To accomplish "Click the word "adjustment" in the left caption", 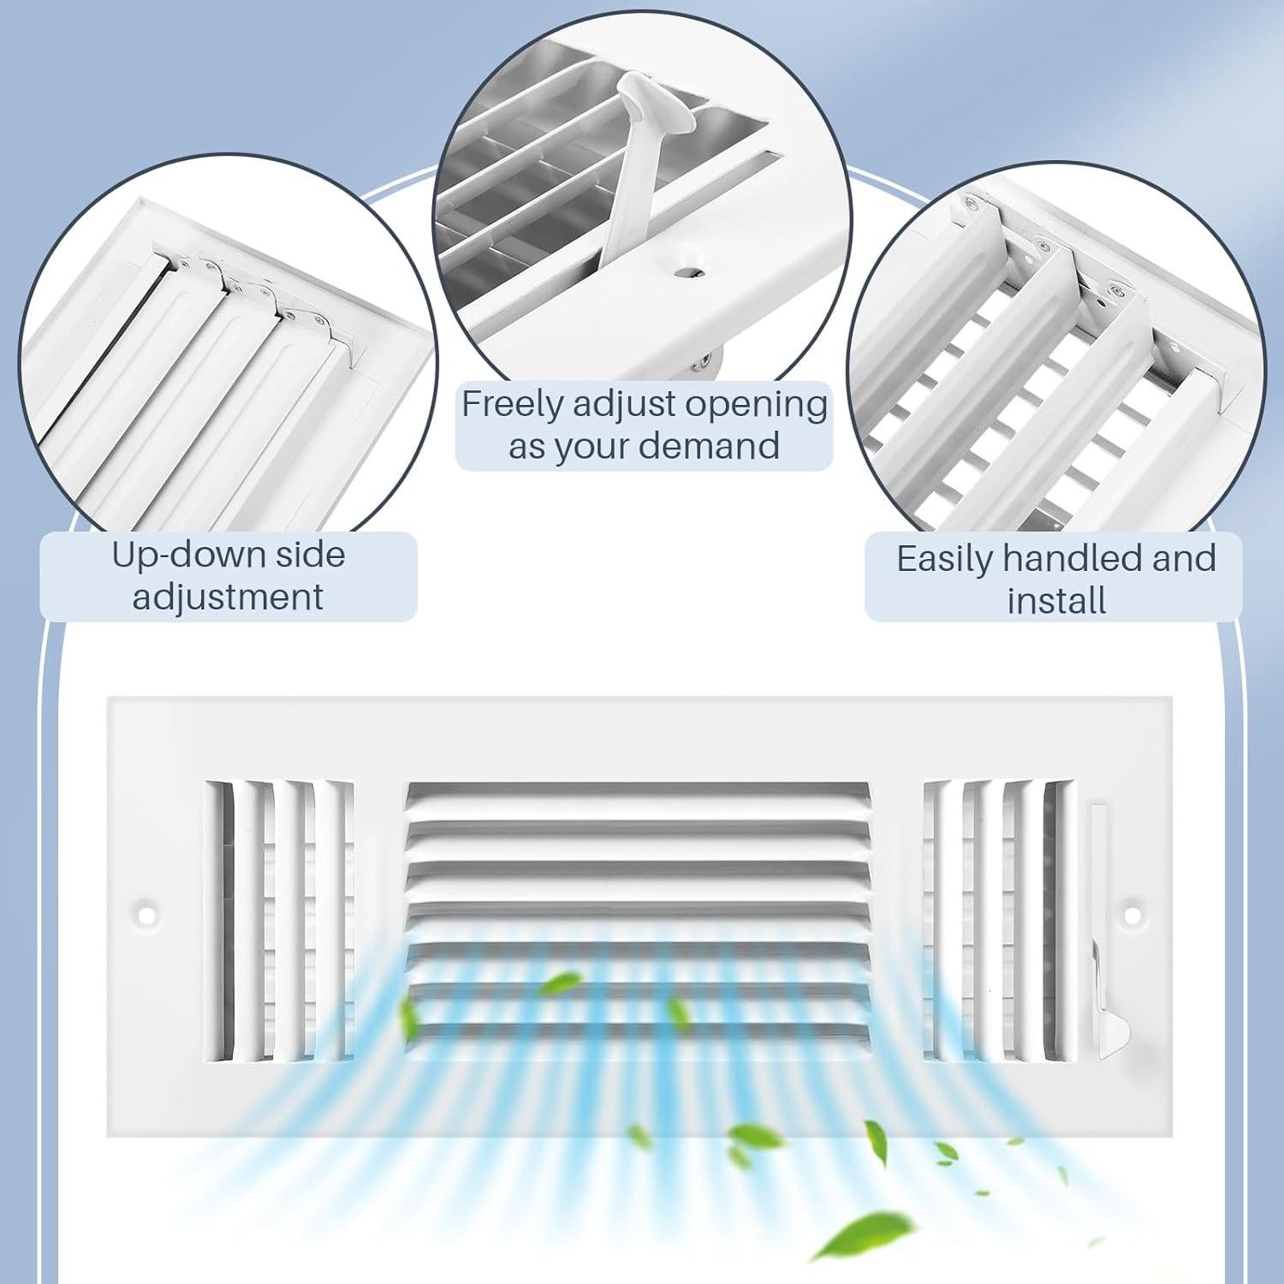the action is (228, 597).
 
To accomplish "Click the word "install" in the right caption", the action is (1056, 600).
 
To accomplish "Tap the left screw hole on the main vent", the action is (148, 914).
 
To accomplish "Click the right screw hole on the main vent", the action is (1133, 914).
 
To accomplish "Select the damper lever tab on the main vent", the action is (1114, 1030).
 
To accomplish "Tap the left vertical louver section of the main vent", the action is (280, 921).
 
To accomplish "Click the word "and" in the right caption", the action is (1185, 559).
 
